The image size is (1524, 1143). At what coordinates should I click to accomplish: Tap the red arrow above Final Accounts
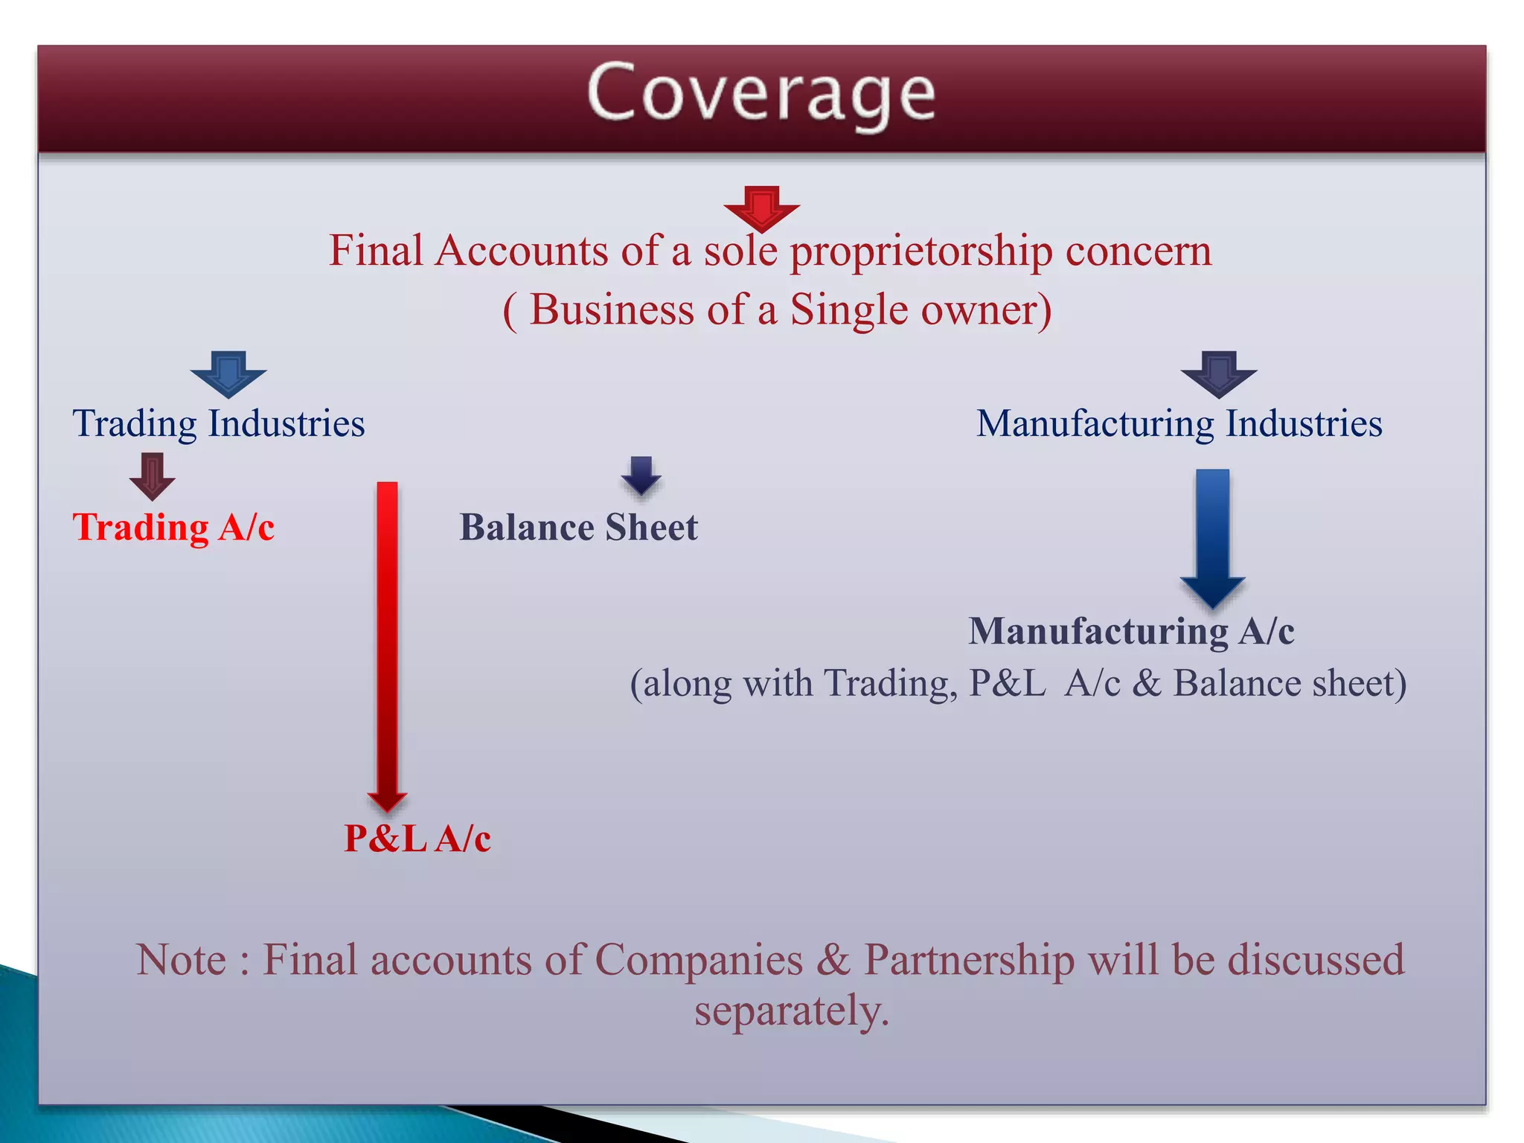pos(761,208)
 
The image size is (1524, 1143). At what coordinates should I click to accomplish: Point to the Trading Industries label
pos(218,424)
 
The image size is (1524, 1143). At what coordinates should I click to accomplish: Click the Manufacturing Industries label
pos(1179,424)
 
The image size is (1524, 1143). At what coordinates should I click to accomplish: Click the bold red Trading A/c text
pos(173,528)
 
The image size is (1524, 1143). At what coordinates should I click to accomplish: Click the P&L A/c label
pos(417,839)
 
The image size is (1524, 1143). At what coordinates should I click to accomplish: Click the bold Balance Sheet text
pos(578,528)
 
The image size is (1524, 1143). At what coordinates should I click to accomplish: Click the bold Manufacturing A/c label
pos(1131,632)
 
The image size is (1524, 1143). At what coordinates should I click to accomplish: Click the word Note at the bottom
pos(181,960)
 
